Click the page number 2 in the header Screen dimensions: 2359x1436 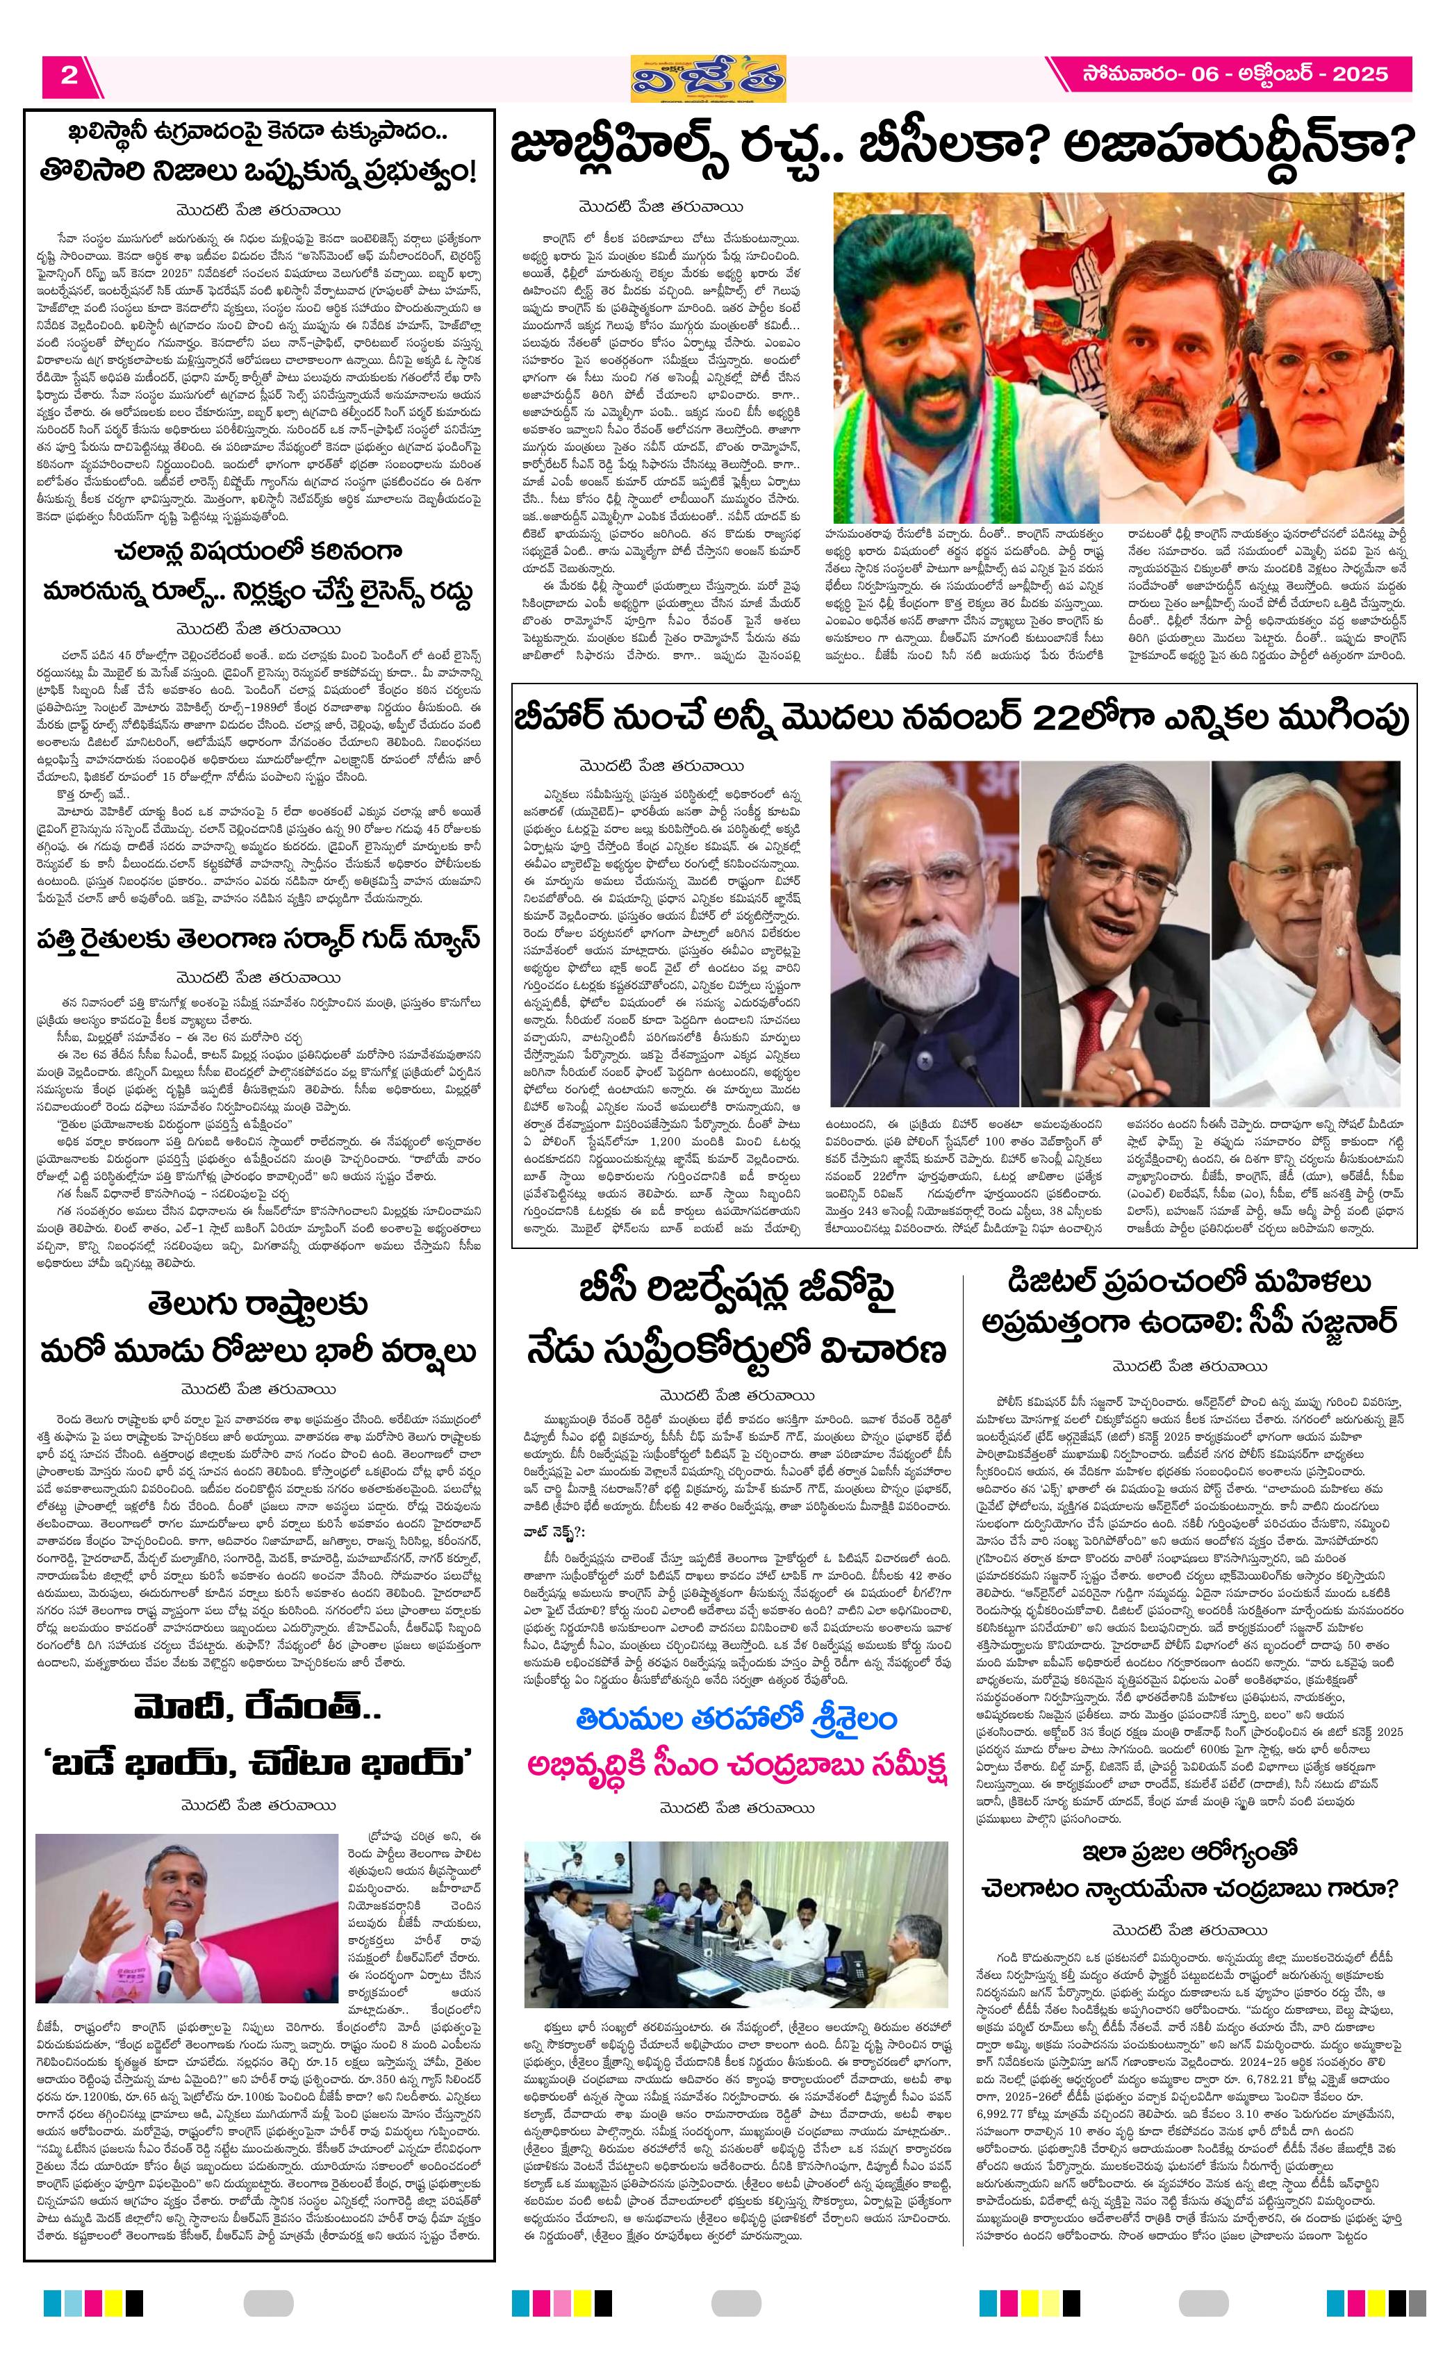click(x=69, y=76)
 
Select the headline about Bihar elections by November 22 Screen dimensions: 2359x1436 click(x=960, y=719)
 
